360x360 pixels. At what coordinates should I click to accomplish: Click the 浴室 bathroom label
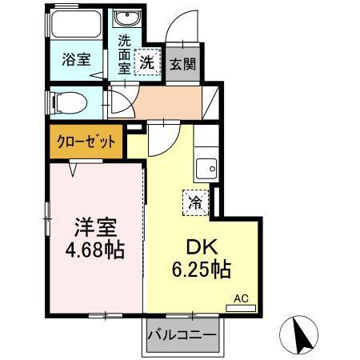click(x=78, y=59)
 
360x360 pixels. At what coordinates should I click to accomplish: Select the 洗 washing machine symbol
click(x=148, y=61)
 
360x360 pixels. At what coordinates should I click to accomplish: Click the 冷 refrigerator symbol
click(x=195, y=203)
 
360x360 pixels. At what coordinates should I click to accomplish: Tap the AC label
click(x=241, y=298)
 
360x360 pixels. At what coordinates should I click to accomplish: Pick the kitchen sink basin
click(x=206, y=168)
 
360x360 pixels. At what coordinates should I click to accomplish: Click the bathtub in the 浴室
click(x=74, y=26)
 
